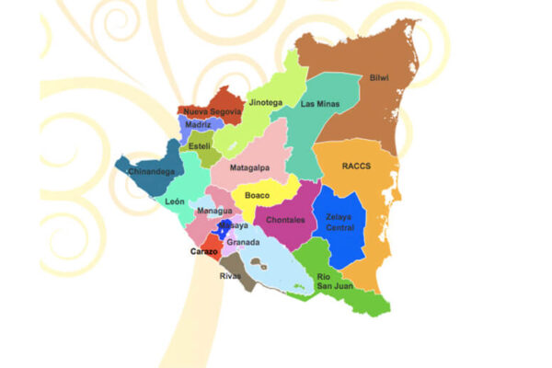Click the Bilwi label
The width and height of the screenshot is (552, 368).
[379, 78]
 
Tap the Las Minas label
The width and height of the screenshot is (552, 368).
[320, 104]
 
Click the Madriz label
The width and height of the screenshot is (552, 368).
[198, 124]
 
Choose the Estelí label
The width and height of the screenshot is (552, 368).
[200, 146]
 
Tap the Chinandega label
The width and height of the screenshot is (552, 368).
[152, 171]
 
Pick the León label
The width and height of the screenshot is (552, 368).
[175, 201]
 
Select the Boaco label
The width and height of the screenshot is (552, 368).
[258, 195]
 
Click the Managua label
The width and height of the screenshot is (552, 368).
[214, 212]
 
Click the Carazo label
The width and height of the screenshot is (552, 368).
[203, 251]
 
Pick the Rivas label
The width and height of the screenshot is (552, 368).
[230, 276]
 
